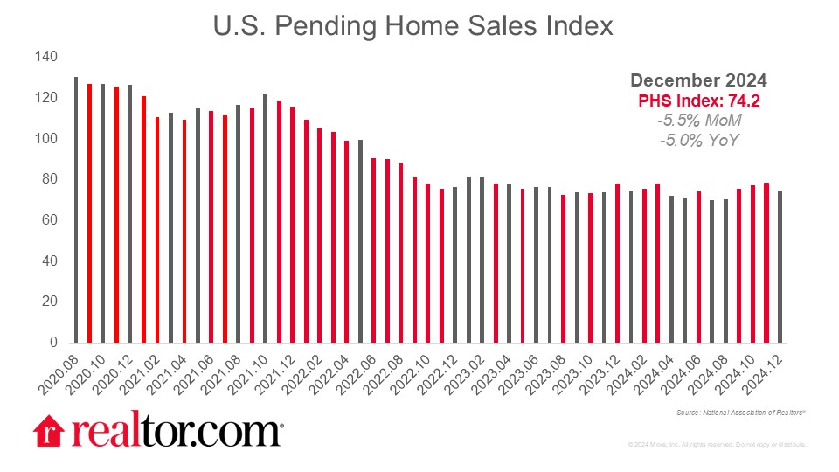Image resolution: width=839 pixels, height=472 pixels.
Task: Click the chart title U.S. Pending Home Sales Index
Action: coord(413,26)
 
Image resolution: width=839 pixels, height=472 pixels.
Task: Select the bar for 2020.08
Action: coord(76,210)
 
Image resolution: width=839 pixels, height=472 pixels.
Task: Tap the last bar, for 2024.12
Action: coord(780,267)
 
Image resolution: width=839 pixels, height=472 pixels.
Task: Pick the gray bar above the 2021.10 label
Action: coord(265,218)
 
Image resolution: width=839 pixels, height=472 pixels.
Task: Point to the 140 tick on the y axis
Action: coord(45,57)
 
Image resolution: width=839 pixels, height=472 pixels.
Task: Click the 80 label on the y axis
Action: coord(49,179)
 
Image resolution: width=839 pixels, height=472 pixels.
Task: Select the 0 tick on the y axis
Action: coord(53,343)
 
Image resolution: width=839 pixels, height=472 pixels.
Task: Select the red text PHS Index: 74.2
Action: coord(699,101)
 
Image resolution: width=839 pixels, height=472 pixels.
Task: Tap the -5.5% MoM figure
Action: coord(699,120)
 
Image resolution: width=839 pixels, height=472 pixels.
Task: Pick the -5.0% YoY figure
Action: coord(699,139)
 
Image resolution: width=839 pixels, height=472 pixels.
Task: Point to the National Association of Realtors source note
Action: coord(740,412)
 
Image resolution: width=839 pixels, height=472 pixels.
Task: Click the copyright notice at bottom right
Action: coord(717,445)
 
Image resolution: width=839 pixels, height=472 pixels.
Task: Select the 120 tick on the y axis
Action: coord(45,98)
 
